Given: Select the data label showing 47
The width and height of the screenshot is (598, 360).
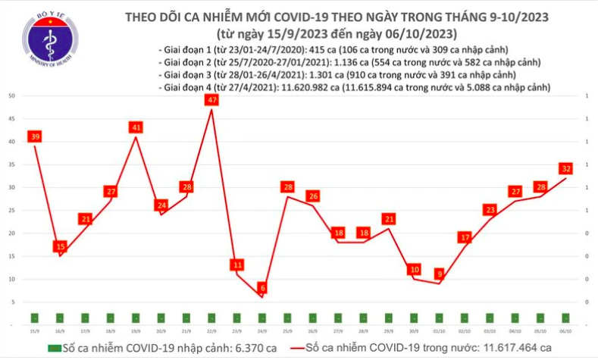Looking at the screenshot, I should pyautogui.click(x=211, y=100).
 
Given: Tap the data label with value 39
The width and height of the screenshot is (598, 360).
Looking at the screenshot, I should pyautogui.click(x=35, y=136).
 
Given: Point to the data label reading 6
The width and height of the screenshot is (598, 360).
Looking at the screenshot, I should pyautogui.click(x=261, y=288).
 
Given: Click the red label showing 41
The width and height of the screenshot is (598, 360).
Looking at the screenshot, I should pyautogui.click(x=136, y=127).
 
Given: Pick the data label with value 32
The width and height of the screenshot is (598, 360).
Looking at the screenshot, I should pyautogui.click(x=566, y=168).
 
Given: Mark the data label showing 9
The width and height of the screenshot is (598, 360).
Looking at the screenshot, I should pyautogui.click(x=440, y=274).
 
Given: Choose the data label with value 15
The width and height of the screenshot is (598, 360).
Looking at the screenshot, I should pyautogui.click(x=61, y=246).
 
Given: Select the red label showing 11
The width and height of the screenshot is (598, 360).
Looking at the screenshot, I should pyautogui.click(x=237, y=265).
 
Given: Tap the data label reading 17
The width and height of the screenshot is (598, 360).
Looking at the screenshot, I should pyautogui.click(x=465, y=237).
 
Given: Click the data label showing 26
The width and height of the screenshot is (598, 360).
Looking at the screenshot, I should pyautogui.click(x=313, y=196).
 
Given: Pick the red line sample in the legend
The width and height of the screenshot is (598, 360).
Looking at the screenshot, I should pyautogui.click(x=296, y=348).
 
